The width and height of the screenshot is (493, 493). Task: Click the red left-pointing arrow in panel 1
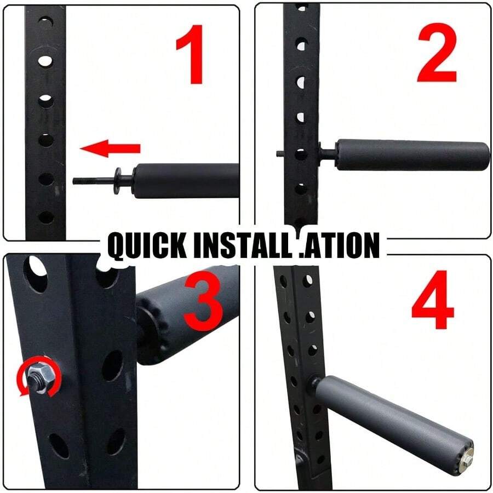click(x=110, y=148)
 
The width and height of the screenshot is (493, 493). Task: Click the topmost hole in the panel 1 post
click(x=46, y=22)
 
